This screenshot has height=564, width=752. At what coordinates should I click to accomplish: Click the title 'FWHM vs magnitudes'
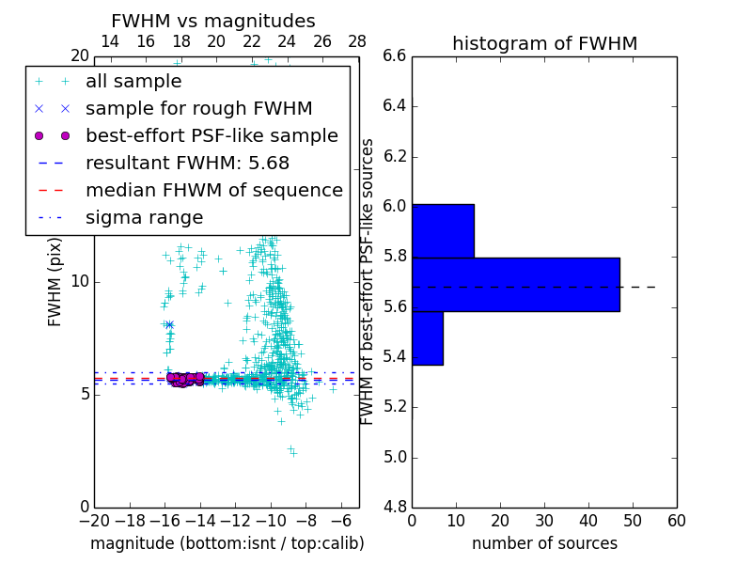(x=213, y=21)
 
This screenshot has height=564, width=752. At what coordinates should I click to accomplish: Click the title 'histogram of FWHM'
(x=544, y=43)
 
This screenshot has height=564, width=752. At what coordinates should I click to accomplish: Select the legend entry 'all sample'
(x=133, y=82)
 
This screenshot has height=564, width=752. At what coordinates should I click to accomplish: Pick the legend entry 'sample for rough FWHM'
(x=199, y=108)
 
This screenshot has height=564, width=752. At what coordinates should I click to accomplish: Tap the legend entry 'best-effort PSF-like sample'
(x=211, y=135)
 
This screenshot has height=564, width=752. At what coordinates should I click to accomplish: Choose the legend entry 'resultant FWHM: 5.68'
(x=187, y=163)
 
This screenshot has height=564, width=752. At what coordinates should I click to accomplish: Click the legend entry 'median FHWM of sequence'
(x=213, y=190)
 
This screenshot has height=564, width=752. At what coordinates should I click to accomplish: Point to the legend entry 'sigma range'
(x=144, y=217)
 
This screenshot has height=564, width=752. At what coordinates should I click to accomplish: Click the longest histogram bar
(x=515, y=284)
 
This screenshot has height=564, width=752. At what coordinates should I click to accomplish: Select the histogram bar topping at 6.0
(x=443, y=230)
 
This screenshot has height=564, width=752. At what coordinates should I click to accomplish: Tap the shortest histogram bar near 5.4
(x=427, y=337)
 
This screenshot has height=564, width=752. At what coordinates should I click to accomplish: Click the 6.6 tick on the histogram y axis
(x=394, y=56)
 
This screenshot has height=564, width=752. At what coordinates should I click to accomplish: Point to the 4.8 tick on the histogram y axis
(x=394, y=508)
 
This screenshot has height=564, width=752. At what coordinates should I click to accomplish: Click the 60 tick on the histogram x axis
(x=676, y=520)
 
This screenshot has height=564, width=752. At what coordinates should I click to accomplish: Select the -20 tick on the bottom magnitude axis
(x=94, y=520)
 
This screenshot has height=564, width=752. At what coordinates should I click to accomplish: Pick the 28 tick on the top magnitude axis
(x=357, y=42)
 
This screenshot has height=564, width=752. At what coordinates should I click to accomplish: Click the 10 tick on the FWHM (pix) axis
(x=80, y=282)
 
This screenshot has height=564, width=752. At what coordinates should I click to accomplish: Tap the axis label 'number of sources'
(x=544, y=543)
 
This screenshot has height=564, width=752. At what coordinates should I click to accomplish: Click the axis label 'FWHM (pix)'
(x=55, y=282)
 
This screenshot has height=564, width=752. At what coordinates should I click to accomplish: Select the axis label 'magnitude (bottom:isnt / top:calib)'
(x=227, y=543)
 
